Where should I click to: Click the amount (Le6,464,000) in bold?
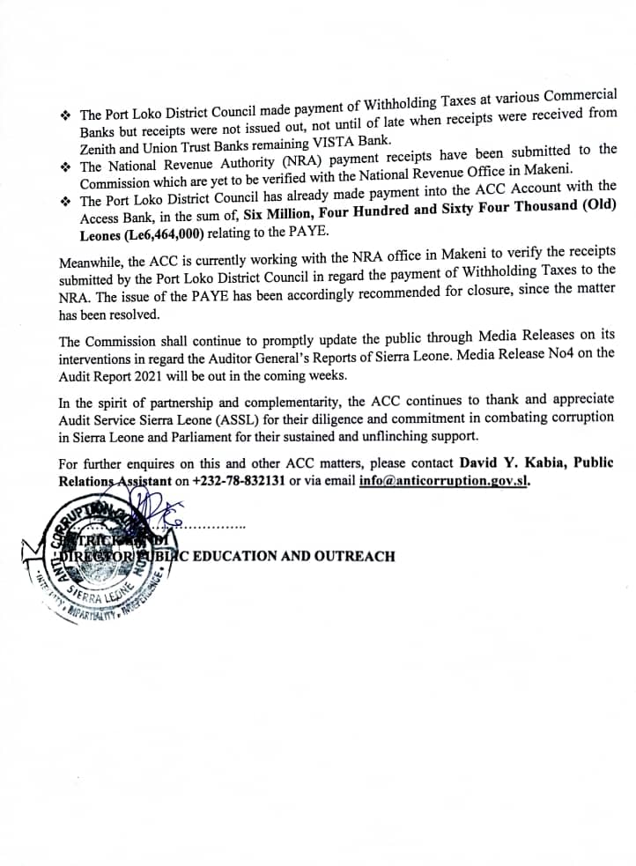click(169, 233)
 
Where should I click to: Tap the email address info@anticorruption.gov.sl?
click(445, 481)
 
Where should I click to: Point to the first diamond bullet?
click(65, 116)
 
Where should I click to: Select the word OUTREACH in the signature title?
click(356, 556)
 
